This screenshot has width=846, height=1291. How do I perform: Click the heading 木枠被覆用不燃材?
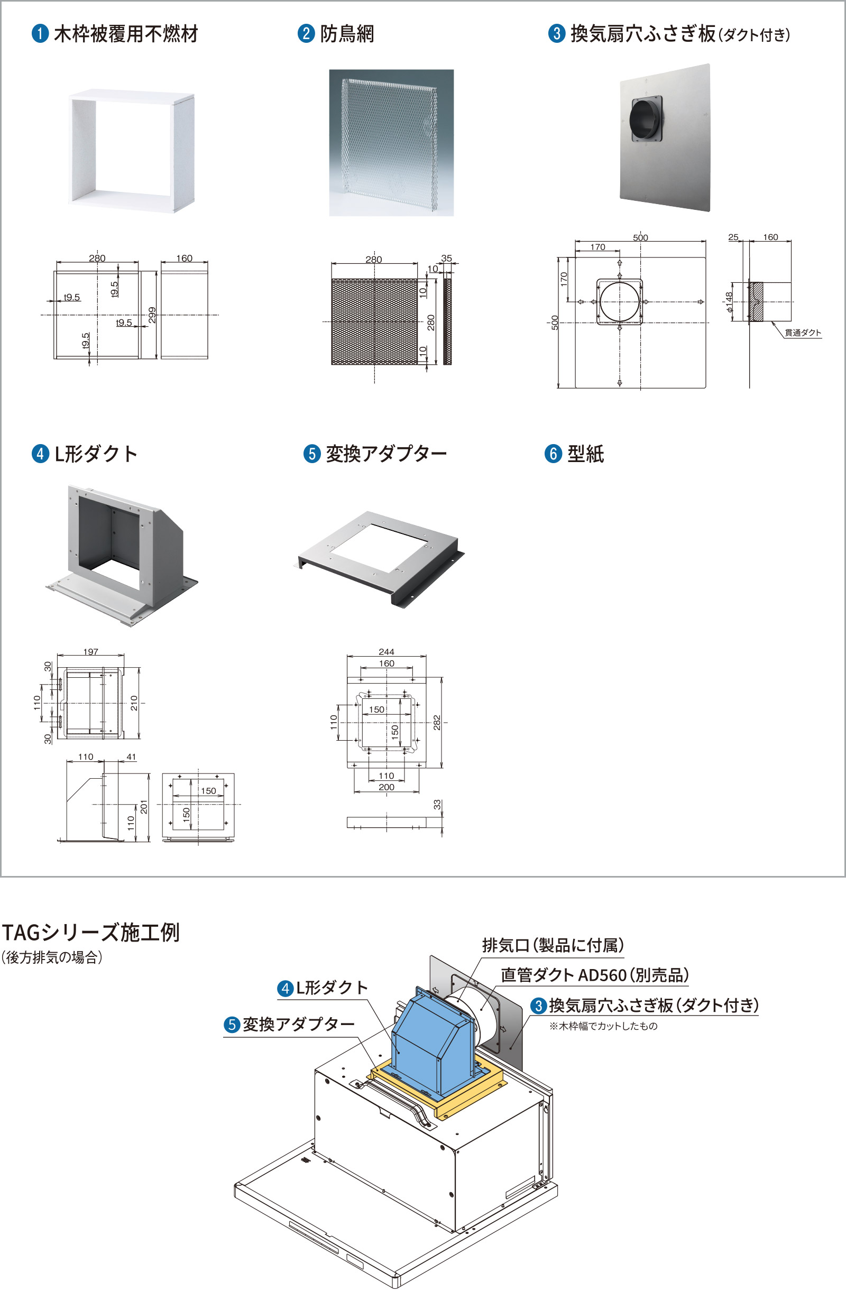[125, 34]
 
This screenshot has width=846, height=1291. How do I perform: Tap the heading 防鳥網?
[347, 34]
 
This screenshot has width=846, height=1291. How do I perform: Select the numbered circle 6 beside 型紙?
[553, 454]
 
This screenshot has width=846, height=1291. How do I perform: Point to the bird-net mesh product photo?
[391, 142]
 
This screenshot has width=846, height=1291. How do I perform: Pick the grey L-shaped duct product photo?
[123, 554]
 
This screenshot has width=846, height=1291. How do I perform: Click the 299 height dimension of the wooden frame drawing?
[152, 315]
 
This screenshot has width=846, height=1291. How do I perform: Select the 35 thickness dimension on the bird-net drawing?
[446, 258]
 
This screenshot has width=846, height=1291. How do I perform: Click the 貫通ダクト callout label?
[803, 333]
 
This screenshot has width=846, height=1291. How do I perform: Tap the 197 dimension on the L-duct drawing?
[90, 651]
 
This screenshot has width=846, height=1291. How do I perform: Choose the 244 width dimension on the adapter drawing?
[387, 651]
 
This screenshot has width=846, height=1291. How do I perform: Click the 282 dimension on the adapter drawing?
[437, 723]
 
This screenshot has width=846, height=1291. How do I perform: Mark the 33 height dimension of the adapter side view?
[437, 805]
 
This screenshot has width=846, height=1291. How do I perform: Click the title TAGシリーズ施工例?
[90, 933]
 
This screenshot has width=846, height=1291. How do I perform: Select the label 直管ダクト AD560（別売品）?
[594, 975]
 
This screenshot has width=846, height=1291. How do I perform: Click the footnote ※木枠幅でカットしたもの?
[603, 1026]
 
